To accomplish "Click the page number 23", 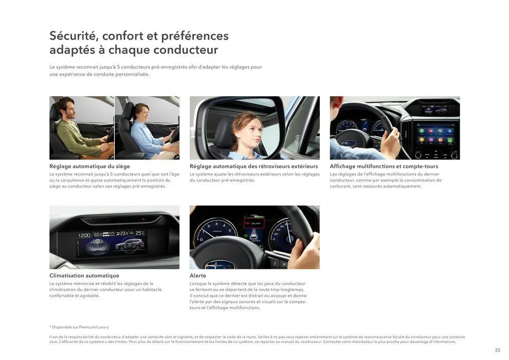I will click(x=497, y=350).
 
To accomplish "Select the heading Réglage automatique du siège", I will click(x=89, y=166).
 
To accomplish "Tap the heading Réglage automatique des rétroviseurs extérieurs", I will click(x=253, y=166).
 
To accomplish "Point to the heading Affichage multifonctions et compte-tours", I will click(x=384, y=166).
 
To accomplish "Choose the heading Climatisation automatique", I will click(x=84, y=276).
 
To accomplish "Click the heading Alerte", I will click(x=198, y=276).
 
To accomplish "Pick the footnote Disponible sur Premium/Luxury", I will click(x=80, y=327).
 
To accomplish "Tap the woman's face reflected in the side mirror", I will click(x=245, y=128).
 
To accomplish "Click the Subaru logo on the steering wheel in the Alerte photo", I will click(x=213, y=265).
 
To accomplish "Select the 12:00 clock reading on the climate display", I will click(x=84, y=235).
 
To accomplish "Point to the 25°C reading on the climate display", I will click(x=140, y=233).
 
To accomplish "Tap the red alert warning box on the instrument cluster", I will click(x=253, y=224).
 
